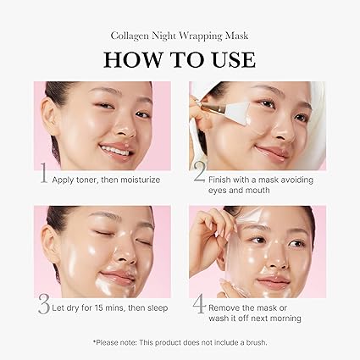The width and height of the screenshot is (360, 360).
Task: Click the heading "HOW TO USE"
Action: tap(180, 59)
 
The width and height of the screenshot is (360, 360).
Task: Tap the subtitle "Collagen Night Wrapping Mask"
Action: tap(180, 36)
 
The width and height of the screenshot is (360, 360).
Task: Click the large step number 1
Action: tap(42, 176)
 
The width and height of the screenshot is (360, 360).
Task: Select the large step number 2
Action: tap(199, 176)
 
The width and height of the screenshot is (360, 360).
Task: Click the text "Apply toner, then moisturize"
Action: tap(106, 180)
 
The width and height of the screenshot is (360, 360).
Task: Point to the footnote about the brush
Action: tap(180, 341)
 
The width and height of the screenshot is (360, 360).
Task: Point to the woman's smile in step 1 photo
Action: tap(117, 152)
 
